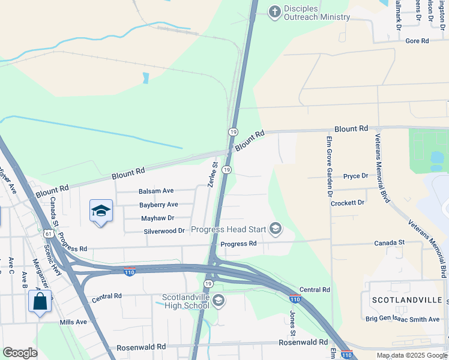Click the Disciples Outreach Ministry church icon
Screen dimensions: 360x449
(x=274, y=12)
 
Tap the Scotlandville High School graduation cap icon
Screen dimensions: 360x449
(x=218, y=301)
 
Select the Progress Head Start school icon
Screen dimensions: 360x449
(x=276, y=229)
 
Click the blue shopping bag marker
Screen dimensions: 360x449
(x=40, y=301)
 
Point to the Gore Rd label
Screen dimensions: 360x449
(x=417, y=41)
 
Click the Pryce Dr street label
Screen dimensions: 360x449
(x=355, y=176)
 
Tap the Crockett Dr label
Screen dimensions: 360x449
(x=348, y=203)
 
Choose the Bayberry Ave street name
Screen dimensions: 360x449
(x=158, y=205)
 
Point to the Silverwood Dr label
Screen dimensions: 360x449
(x=164, y=231)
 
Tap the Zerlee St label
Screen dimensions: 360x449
(x=212, y=173)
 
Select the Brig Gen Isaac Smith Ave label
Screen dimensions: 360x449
(x=403, y=319)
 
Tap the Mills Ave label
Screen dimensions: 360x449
(x=73, y=322)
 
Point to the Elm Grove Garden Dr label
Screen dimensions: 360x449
(x=329, y=166)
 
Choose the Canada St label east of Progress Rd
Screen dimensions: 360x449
(x=390, y=242)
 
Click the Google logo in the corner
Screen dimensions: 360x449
(x=20, y=353)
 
